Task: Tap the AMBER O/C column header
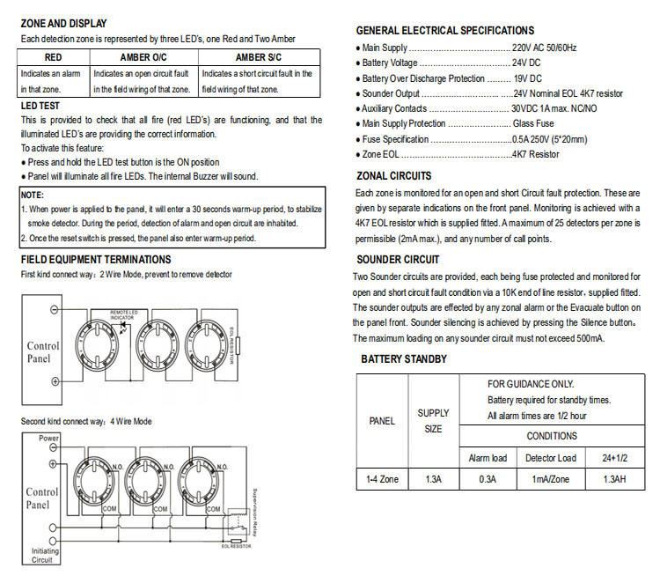click(x=143, y=56)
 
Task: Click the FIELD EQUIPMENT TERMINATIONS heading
click(x=95, y=260)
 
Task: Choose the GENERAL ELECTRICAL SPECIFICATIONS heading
click(x=444, y=30)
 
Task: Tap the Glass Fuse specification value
click(x=534, y=124)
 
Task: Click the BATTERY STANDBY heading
click(x=404, y=359)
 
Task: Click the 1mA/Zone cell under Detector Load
click(x=552, y=479)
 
